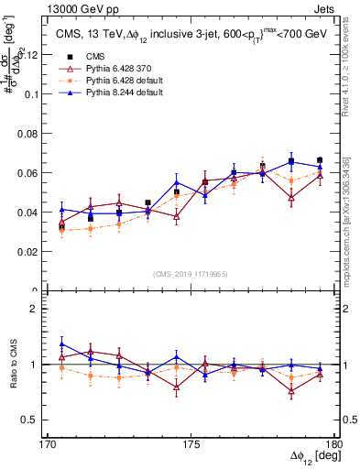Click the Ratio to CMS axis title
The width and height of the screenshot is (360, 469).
click(x=13, y=365)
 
